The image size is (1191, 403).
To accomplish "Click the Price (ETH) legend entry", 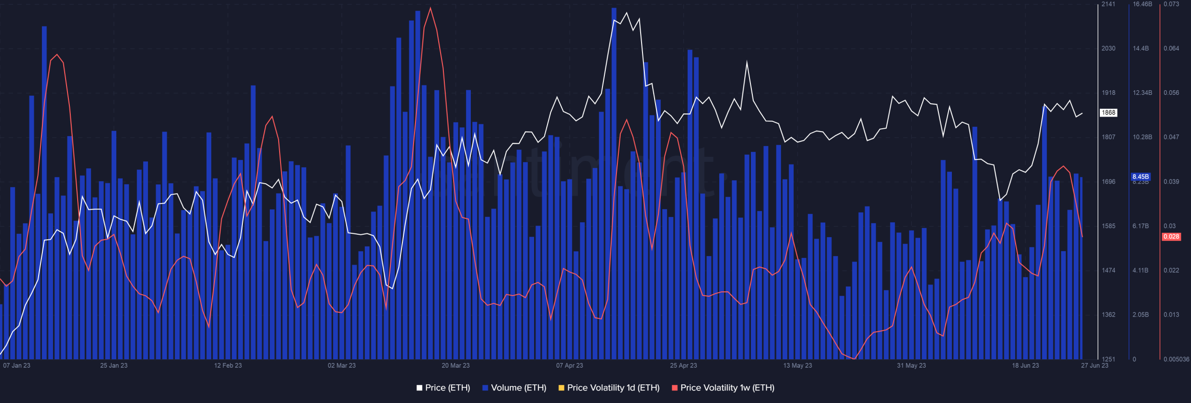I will click(x=443, y=388).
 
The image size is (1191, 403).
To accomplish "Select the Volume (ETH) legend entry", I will click(x=515, y=388).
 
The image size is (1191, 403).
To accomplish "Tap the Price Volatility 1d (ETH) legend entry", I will click(x=609, y=388).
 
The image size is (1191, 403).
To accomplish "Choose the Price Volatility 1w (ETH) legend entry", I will click(x=723, y=388).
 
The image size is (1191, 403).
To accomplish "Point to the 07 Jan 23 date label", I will click(x=17, y=365).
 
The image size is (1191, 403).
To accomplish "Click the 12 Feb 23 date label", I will click(x=228, y=365).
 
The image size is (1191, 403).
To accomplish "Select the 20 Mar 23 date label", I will click(x=455, y=365).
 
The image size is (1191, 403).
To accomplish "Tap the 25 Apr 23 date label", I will click(x=683, y=365).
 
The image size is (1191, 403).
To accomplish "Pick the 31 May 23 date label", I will click(x=911, y=365).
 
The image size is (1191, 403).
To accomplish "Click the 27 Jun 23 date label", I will click(x=1095, y=365).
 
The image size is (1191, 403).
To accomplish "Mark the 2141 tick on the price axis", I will click(x=1108, y=4).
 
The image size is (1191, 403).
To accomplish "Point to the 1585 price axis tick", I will click(x=1108, y=226).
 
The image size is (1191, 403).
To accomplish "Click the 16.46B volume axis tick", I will click(x=1142, y=4).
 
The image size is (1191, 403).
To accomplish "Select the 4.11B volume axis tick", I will click(x=1140, y=270).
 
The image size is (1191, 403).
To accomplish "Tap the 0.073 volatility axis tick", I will click(x=1171, y=4).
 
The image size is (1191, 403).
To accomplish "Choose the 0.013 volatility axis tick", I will click(x=1171, y=315).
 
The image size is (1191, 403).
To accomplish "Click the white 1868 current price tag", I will click(x=1108, y=112).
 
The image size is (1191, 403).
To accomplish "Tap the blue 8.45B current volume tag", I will click(x=1140, y=177).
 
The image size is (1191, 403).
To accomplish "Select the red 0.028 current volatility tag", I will click(x=1171, y=237).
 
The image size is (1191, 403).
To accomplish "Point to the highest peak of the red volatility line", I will click(x=430, y=8).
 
